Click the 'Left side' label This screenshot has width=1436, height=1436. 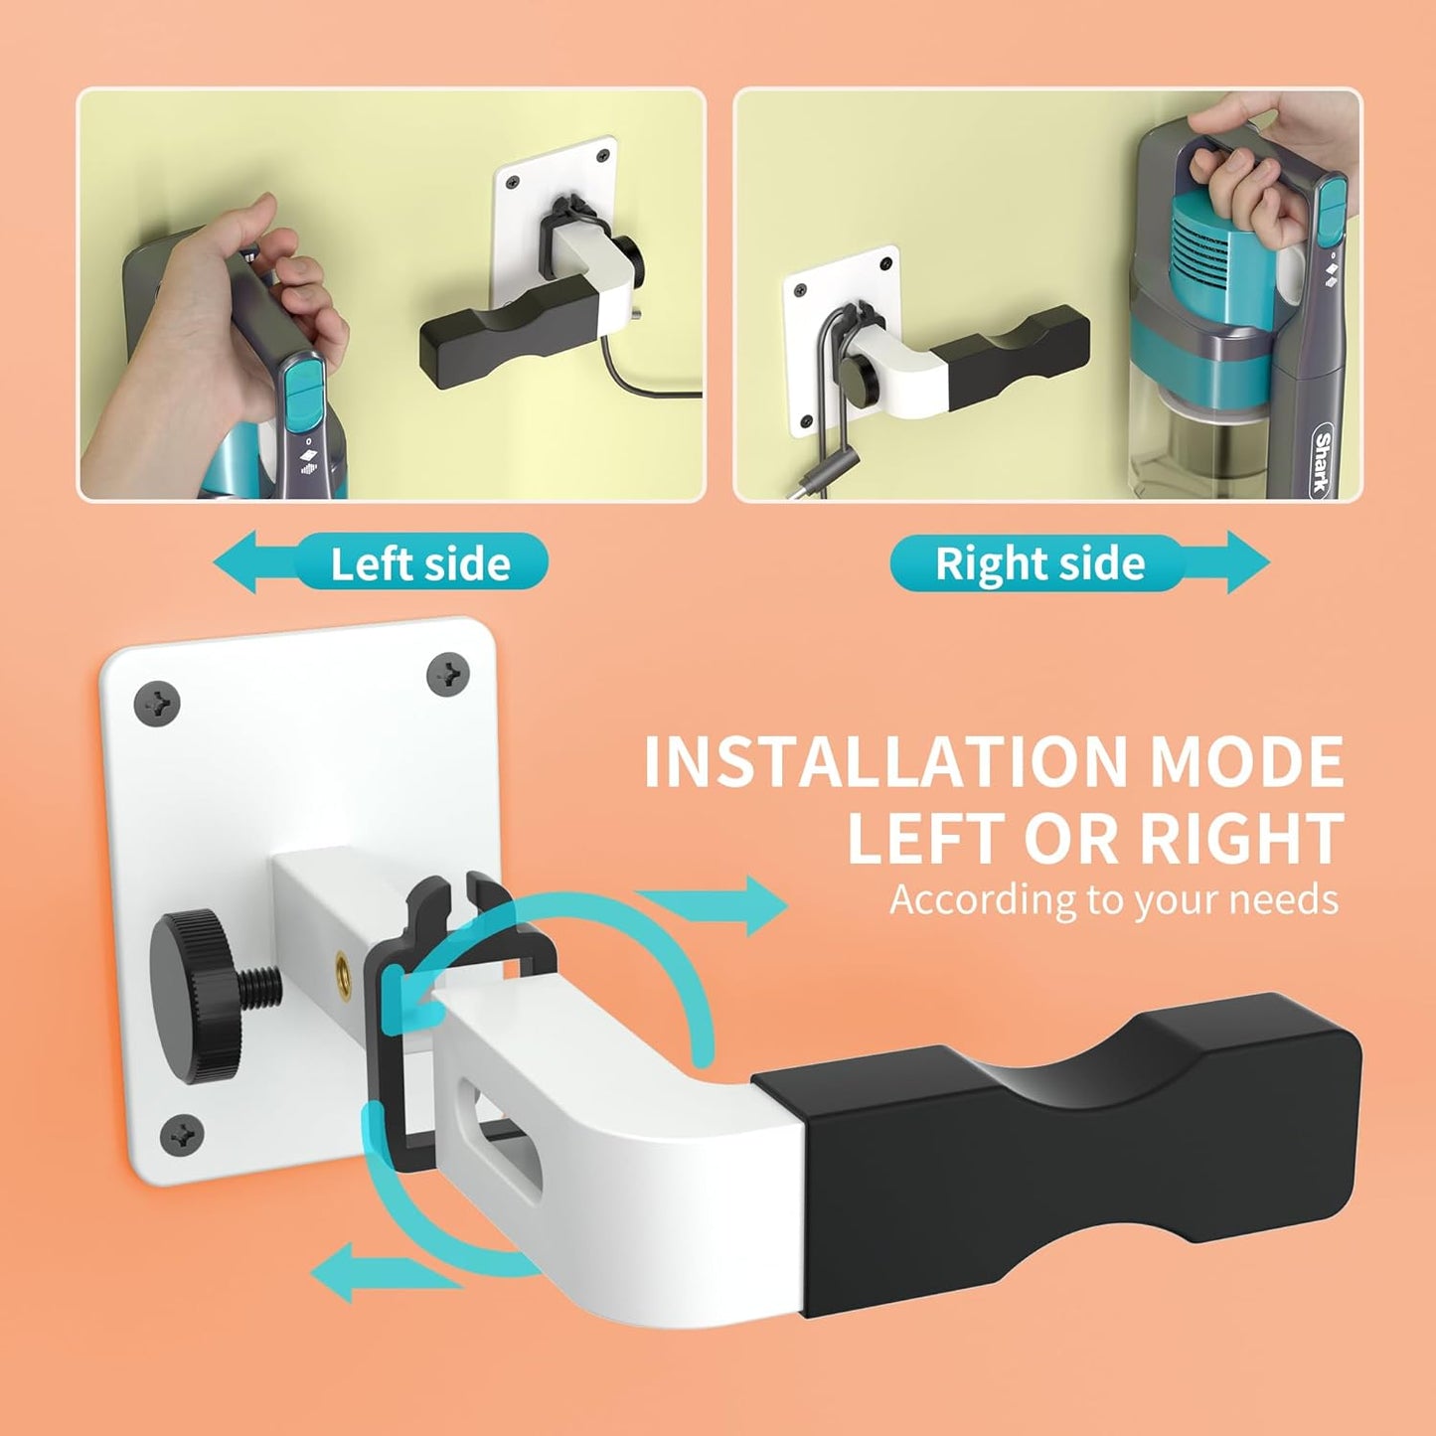tap(420, 564)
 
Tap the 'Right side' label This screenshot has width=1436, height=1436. tap(1039, 563)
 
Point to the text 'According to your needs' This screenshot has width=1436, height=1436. tap(1114, 899)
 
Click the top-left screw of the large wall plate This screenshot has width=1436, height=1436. tap(156, 703)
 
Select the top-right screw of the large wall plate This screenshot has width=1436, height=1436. tap(447, 675)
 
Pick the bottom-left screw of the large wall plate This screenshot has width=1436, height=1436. tap(182, 1137)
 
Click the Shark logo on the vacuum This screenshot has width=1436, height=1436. tap(1323, 461)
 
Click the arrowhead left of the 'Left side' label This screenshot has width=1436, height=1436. tap(236, 561)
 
